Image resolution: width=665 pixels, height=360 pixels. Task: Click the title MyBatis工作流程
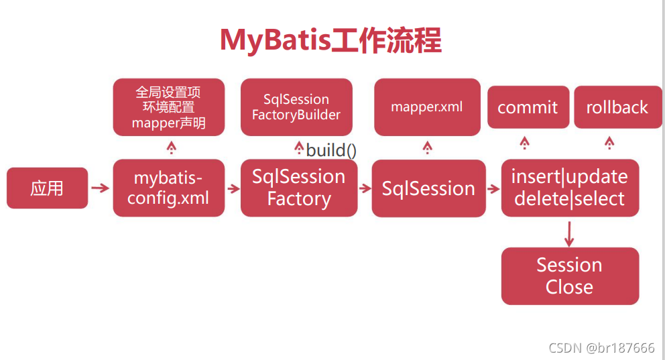330,40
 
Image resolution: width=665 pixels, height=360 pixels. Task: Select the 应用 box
47,188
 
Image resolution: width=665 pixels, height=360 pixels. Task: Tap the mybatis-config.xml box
169,188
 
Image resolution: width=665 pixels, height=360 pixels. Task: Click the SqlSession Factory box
299,188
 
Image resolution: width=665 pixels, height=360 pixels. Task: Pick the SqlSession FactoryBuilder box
296,107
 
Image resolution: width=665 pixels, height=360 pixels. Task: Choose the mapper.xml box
427,107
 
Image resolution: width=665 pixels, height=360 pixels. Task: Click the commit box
528,107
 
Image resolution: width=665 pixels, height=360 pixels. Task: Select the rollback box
617,107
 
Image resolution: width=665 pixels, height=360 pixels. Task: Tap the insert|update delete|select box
570,188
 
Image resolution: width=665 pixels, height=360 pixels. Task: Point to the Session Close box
570,276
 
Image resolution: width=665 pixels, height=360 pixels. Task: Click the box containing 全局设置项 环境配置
169,107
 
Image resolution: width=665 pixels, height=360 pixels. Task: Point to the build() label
331,150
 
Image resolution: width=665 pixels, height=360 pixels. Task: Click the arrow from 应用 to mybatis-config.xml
101,188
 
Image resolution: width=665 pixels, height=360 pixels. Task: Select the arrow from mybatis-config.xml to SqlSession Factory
233,188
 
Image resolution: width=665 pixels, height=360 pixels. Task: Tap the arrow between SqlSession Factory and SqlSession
365,188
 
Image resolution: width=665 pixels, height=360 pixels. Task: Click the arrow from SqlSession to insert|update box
493,188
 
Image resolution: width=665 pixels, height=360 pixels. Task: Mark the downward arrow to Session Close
569,234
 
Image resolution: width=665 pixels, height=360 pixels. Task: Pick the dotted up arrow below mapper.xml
428,147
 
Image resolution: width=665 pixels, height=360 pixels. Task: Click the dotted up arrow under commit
525,143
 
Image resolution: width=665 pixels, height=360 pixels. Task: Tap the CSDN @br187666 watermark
601,348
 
